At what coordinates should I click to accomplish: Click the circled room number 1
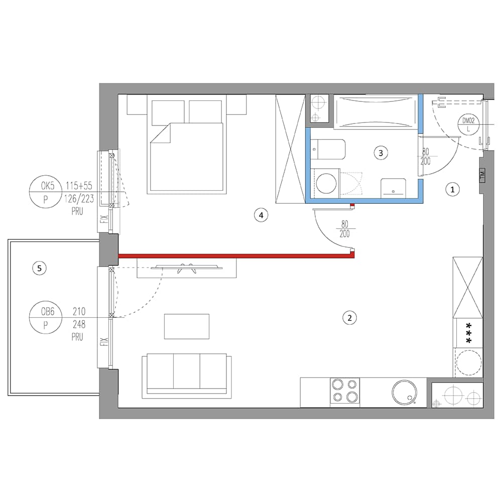coord(452,190)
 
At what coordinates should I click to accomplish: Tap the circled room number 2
coord(349,318)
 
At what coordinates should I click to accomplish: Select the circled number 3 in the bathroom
coord(381,153)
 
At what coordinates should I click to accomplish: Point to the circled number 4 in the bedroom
coord(261,215)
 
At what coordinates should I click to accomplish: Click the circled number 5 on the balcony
coord(39,268)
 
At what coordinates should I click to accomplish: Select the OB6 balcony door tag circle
coord(46,318)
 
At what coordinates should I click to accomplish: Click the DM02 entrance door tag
coord(468,124)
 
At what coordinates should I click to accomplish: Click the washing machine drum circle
coord(326,184)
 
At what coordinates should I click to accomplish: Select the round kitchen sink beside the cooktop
coord(404,393)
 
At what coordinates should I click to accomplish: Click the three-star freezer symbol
coord(468,333)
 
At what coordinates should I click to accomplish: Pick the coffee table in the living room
coord(187,326)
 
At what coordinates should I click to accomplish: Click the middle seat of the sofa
coord(187,371)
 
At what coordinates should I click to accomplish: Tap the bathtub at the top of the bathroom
coord(376,112)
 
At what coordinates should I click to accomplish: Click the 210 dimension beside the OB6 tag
coord(79,311)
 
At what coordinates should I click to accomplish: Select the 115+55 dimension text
coord(79,185)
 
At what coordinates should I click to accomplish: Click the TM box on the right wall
coord(482,175)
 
